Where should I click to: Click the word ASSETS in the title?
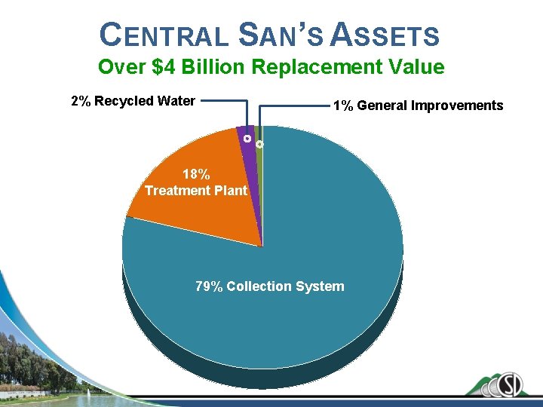385,35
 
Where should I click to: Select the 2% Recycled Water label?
133,101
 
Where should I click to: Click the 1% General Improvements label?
418,106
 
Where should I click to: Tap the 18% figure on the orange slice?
195,174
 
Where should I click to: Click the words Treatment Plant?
195,191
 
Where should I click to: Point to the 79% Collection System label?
269,286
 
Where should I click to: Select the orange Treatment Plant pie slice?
196,211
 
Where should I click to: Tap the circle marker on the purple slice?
247,139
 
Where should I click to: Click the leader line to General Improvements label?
294,106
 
